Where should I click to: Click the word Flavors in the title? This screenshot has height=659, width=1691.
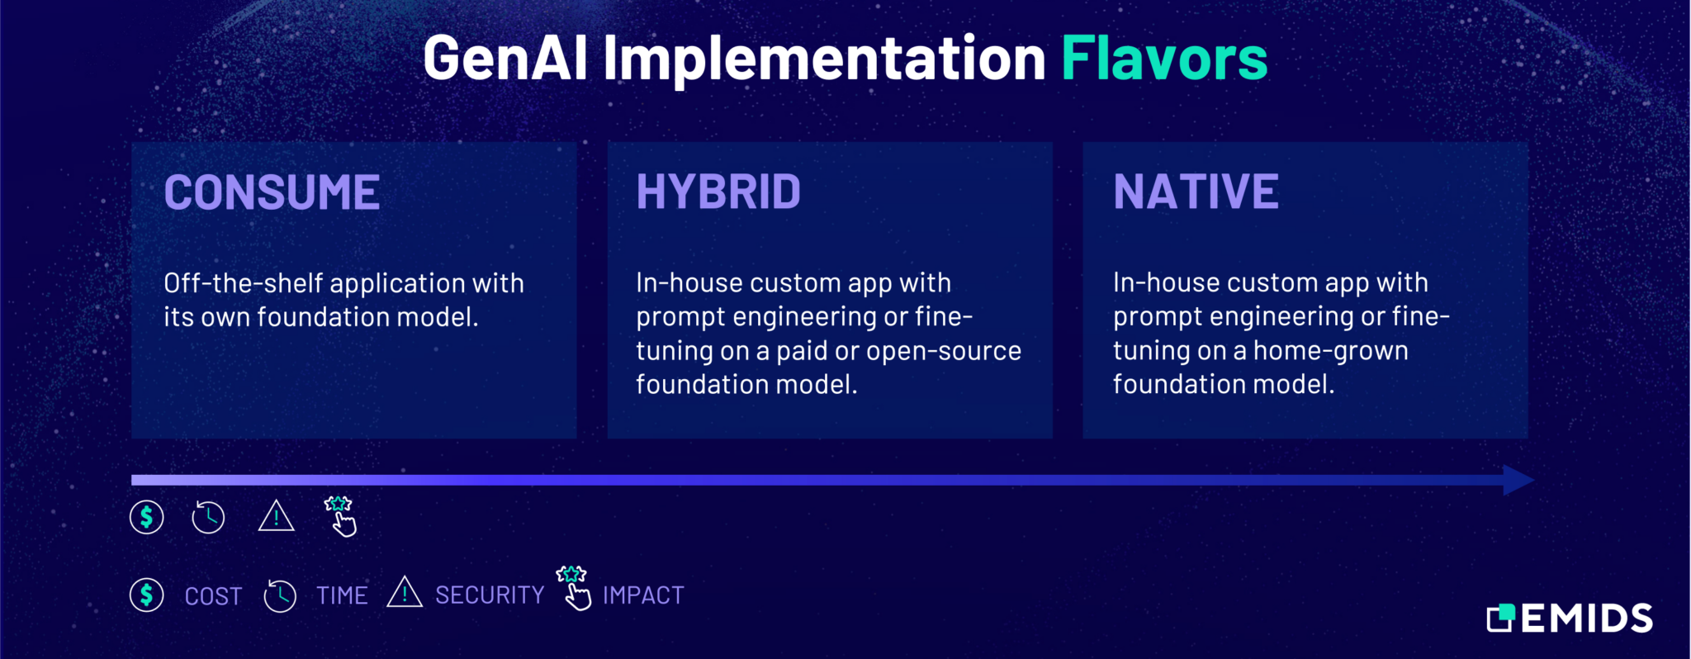1163,59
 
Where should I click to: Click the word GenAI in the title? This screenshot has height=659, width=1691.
505,59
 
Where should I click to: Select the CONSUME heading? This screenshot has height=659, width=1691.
272,192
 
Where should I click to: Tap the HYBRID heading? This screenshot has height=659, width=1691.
718,192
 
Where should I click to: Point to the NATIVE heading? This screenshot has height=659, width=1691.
1196,192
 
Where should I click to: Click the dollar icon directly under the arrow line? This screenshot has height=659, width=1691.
147,518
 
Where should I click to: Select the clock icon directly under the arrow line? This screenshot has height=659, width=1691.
208,518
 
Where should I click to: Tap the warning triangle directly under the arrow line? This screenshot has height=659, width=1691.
276,518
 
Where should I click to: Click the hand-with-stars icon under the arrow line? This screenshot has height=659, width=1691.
340,517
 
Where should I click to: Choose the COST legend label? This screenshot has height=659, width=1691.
213,596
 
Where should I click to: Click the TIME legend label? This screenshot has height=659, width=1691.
342,595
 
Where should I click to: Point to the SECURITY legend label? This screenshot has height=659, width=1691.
490,595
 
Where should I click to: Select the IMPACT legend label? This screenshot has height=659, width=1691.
643,595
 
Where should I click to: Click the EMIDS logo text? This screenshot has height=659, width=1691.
1586,619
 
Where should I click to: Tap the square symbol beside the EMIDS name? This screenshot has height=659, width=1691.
1500,618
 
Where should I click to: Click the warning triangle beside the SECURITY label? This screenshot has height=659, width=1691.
405,593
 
